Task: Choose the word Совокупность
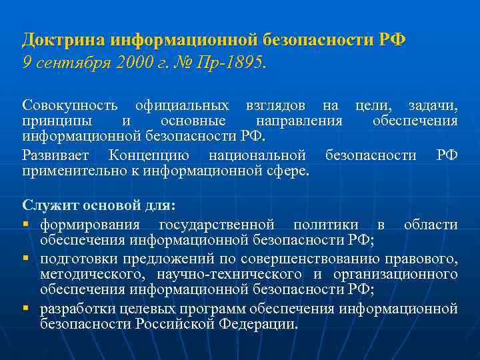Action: point(71,105)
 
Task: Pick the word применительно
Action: point(67,171)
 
